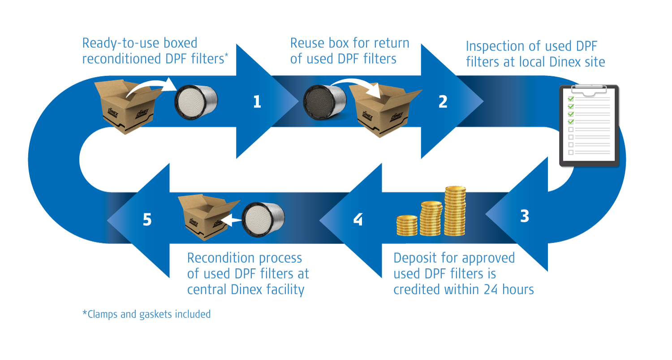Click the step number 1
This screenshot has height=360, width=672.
(257, 102)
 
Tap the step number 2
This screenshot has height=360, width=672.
(443, 102)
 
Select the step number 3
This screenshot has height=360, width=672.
(525, 217)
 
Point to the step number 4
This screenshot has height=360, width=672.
(358, 220)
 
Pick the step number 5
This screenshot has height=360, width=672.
(147, 220)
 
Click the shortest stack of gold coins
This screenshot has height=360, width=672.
(407, 225)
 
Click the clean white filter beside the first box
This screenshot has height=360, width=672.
(195, 100)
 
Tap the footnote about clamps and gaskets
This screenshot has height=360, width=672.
(146, 314)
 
